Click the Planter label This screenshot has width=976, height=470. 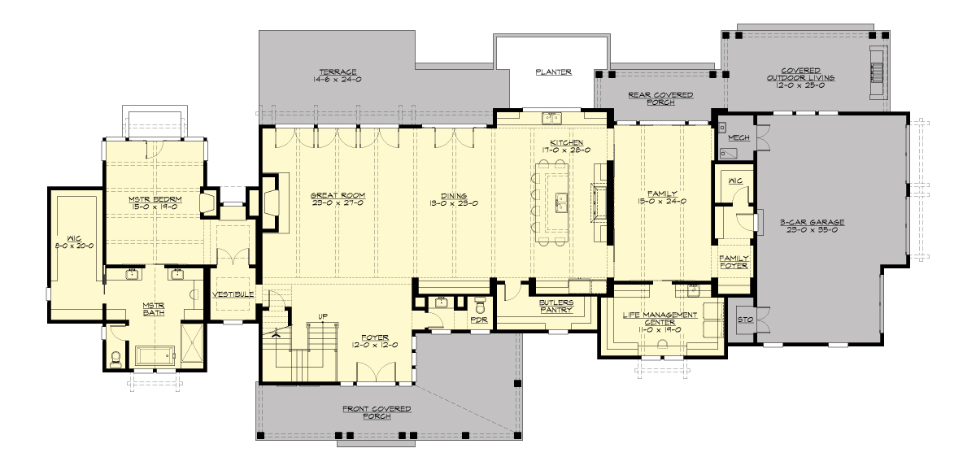553,72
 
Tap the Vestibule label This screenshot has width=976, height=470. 233,294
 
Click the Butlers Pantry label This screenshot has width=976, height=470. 556,307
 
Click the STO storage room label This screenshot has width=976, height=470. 742,319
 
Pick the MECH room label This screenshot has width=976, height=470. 739,138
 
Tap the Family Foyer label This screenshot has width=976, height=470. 734,262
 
